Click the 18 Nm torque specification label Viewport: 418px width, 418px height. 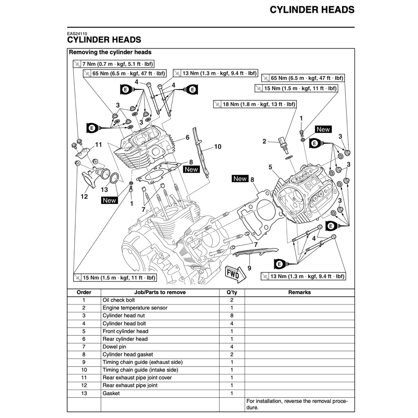255,104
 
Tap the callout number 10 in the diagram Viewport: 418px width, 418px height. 218,147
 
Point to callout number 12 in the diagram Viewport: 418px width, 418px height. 84,196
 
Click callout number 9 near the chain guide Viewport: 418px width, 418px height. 249,268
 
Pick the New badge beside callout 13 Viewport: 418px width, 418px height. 109,200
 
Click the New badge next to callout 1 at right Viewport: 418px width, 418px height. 323,129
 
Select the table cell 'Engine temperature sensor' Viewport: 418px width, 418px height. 135,308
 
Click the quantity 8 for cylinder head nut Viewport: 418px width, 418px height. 231,316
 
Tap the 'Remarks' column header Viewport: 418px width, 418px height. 299,292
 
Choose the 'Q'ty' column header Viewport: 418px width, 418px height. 231,292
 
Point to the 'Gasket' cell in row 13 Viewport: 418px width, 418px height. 111,394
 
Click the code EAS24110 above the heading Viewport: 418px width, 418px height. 77,34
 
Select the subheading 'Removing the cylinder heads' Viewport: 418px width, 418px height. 110,52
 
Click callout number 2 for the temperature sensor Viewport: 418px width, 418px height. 264,142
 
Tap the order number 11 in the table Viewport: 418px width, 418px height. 84,378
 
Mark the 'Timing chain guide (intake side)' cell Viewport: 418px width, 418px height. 140,370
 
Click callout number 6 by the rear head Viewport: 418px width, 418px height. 187,138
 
